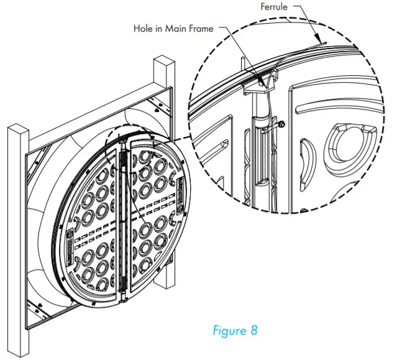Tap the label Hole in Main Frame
pos(175,28)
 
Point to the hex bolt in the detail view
pos(281,124)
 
